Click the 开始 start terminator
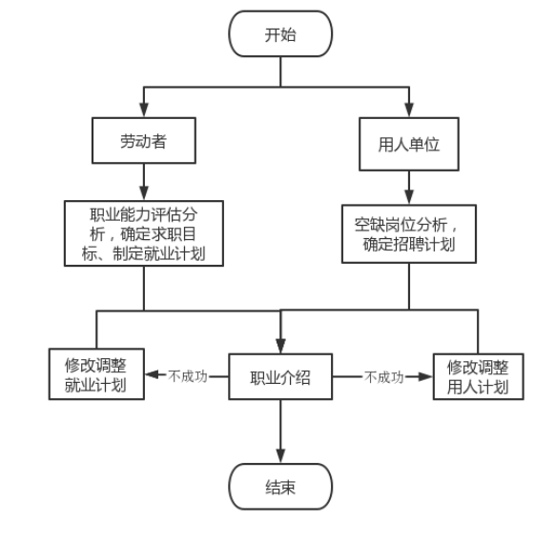point(280,33)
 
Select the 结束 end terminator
point(280,487)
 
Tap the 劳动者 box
point(144,140)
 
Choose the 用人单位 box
point(409,144)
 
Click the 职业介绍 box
point(280,376)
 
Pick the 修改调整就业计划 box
point(96,374)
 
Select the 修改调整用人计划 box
point(478,376)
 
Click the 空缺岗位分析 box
point(409,233)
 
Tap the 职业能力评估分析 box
point(144,233)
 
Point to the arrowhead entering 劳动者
point(144,110)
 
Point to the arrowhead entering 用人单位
point(409,110)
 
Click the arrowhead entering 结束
point(280,456)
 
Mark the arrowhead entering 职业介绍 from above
point(280,346)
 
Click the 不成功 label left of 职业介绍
point(188,376)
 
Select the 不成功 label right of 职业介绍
point(384,377)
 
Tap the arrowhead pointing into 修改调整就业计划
point(153,374)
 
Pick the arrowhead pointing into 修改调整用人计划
point(425,377)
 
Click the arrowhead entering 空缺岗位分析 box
point(409,197)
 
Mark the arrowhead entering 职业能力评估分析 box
point(144,193)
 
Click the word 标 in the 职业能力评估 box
point(89,253)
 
